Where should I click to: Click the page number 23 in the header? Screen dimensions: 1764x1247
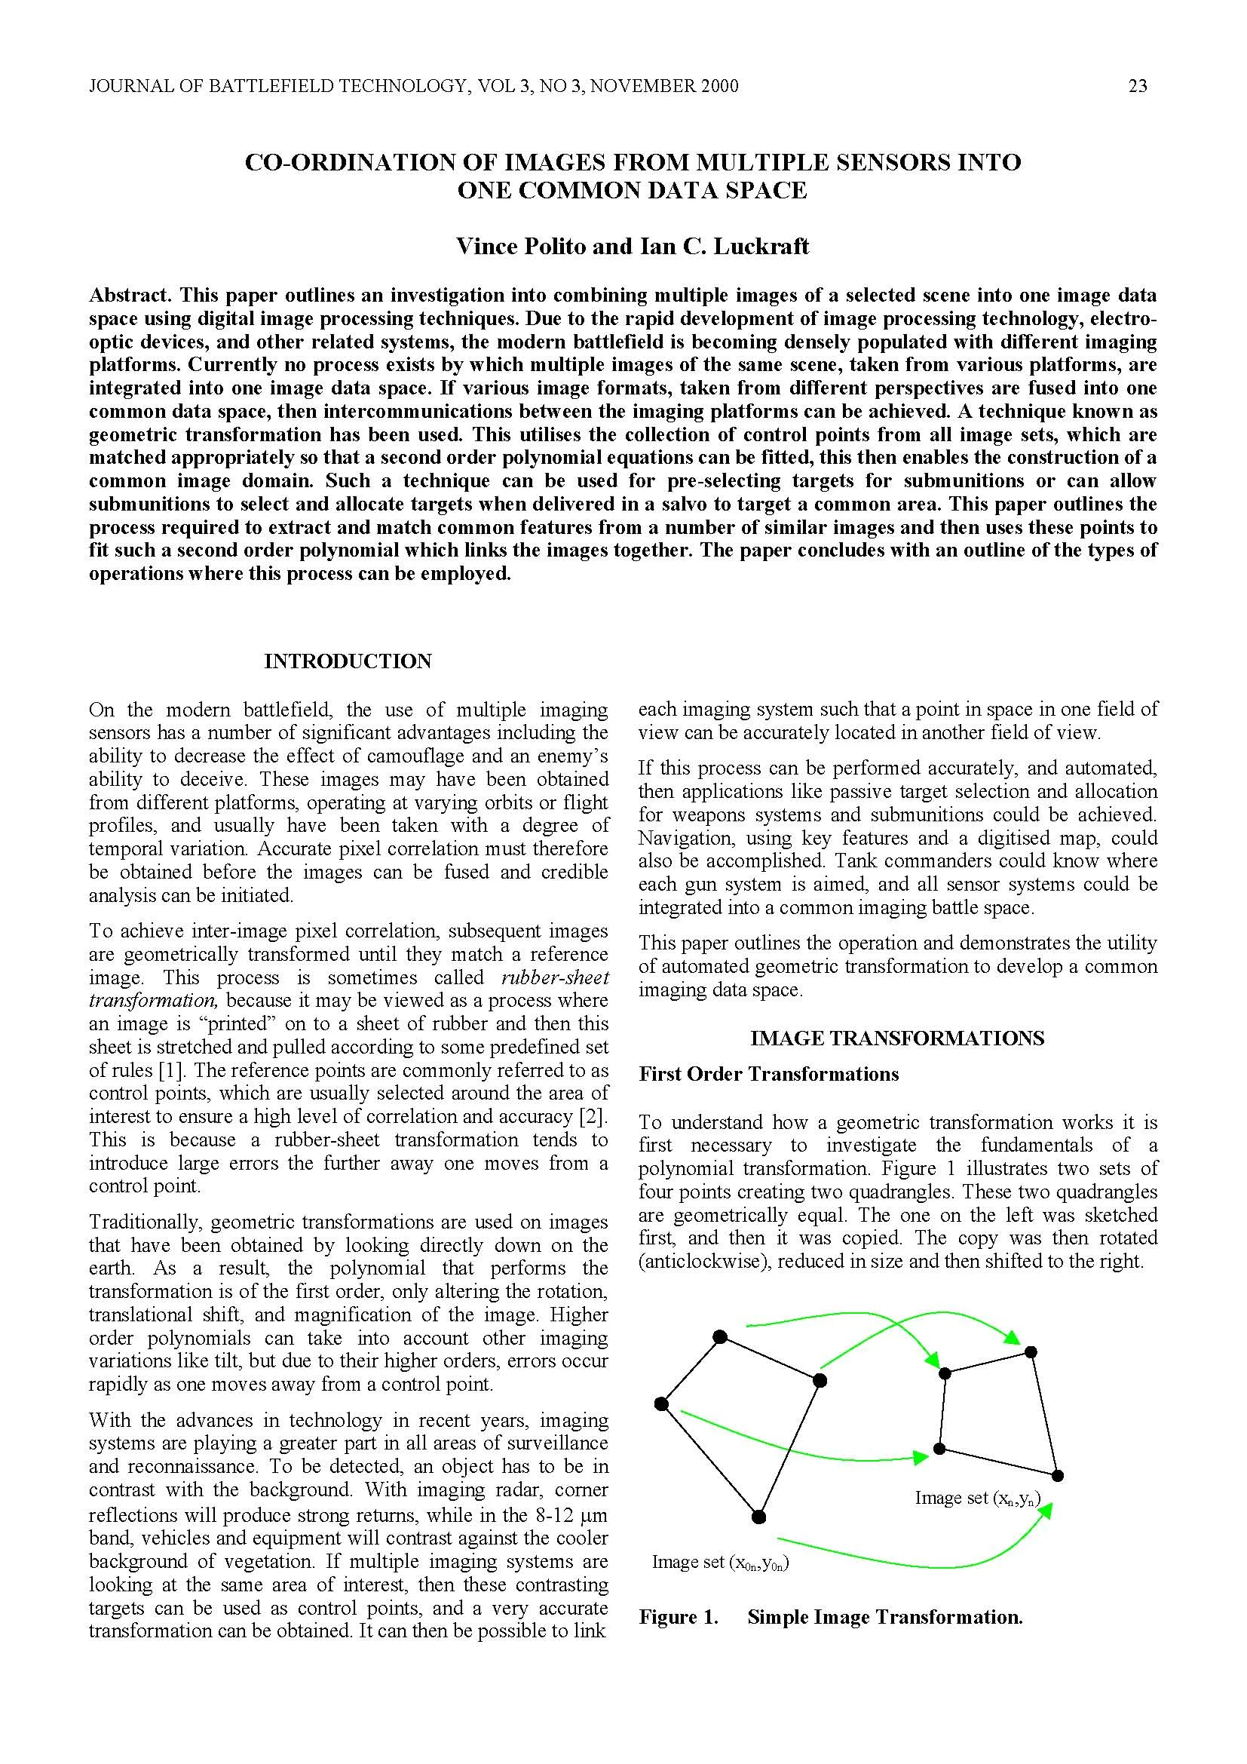pyautogui.click(x=1137, y=86)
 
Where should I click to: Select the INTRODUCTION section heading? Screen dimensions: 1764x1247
pyautogui.click(x=348, y=661)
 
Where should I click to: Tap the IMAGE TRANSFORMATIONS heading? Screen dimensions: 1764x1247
pyautogui.click(x=897, y=1038)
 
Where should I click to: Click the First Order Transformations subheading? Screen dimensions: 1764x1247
pyautogui.click(x=768, y=1073)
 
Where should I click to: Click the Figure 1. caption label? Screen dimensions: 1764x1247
pyautogui.click(x=678, y=1616)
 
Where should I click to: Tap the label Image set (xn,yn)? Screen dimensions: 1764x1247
pyautogui.click(x=978, y=1498)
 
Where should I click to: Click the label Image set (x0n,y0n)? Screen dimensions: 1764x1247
pyautogui.click(x=720, y=1562)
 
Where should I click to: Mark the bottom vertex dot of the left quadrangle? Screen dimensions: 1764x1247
pyautogui.click(x=758, y=1517)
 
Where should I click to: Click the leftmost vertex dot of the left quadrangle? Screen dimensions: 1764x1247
pyautogui.click(x=661, y=1404)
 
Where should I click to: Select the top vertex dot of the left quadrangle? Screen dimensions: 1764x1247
pyautogui.click(x=719, y=1337)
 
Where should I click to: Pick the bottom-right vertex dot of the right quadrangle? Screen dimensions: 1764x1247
pyautogui.click(x=1057, y=1475)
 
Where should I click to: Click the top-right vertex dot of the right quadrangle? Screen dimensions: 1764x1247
pyautogui.click(x=1031, y=1351)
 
